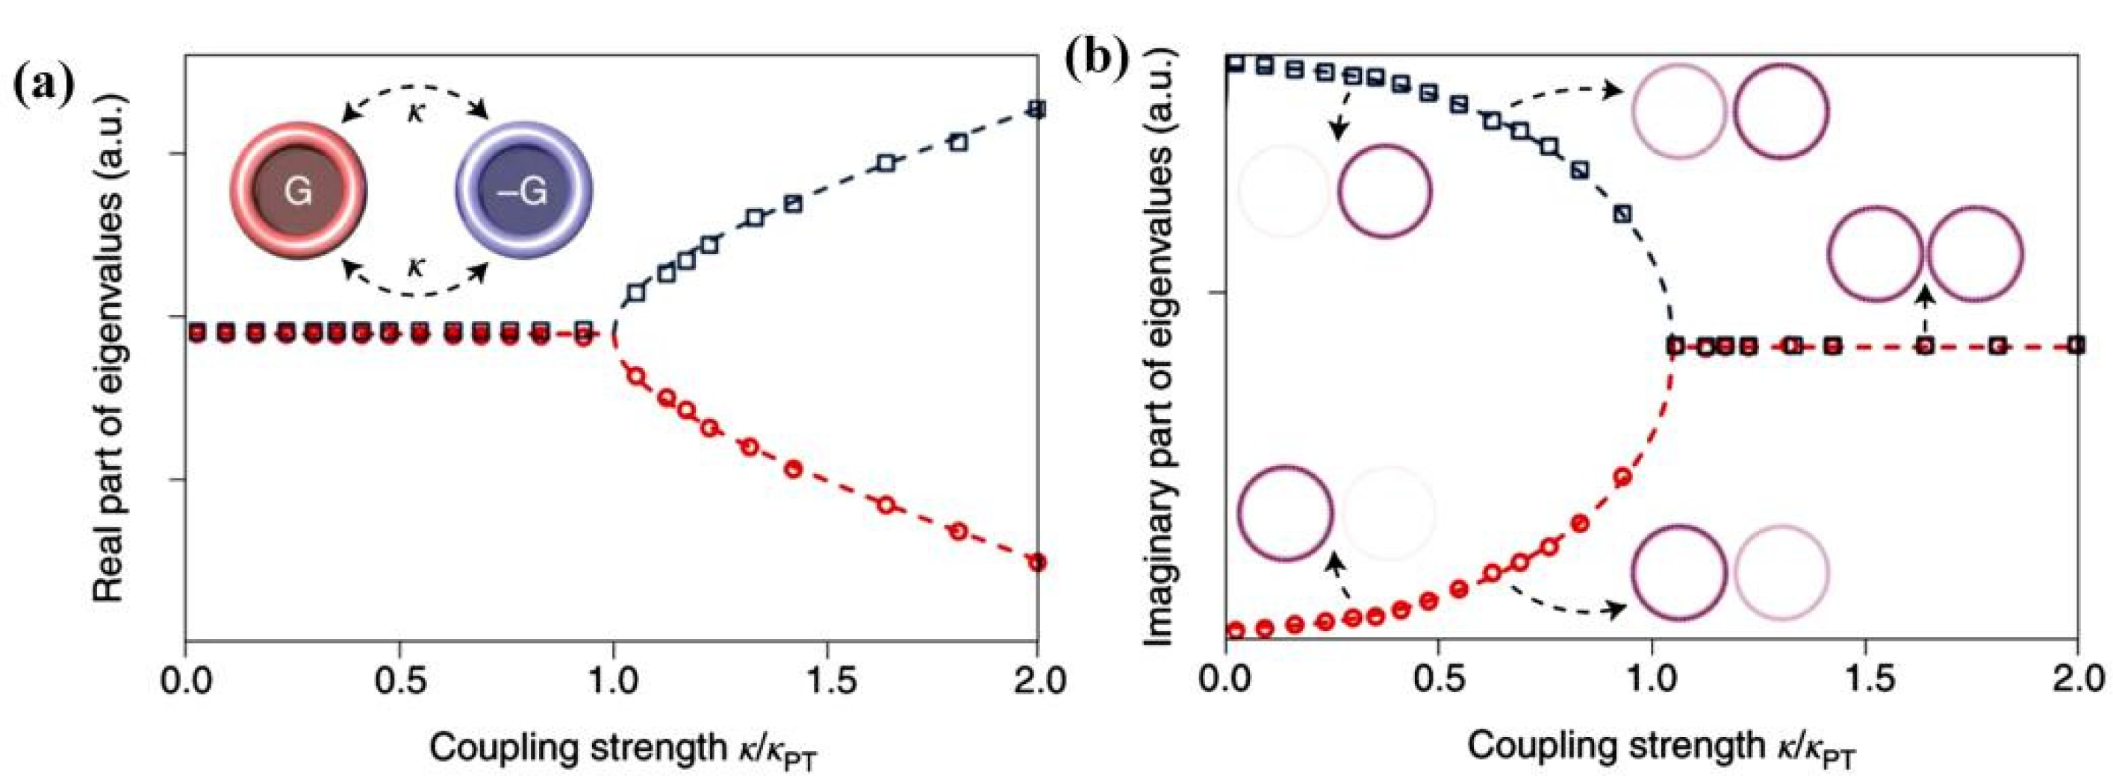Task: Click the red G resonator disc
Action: (298, 191)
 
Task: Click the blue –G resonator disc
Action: (524, 191)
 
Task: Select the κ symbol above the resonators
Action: (417, 111)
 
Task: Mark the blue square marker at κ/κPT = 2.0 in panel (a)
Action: (1037, 109)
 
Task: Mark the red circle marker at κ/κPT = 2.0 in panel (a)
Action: (1038, 561)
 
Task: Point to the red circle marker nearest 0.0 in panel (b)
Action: (1236, 630)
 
